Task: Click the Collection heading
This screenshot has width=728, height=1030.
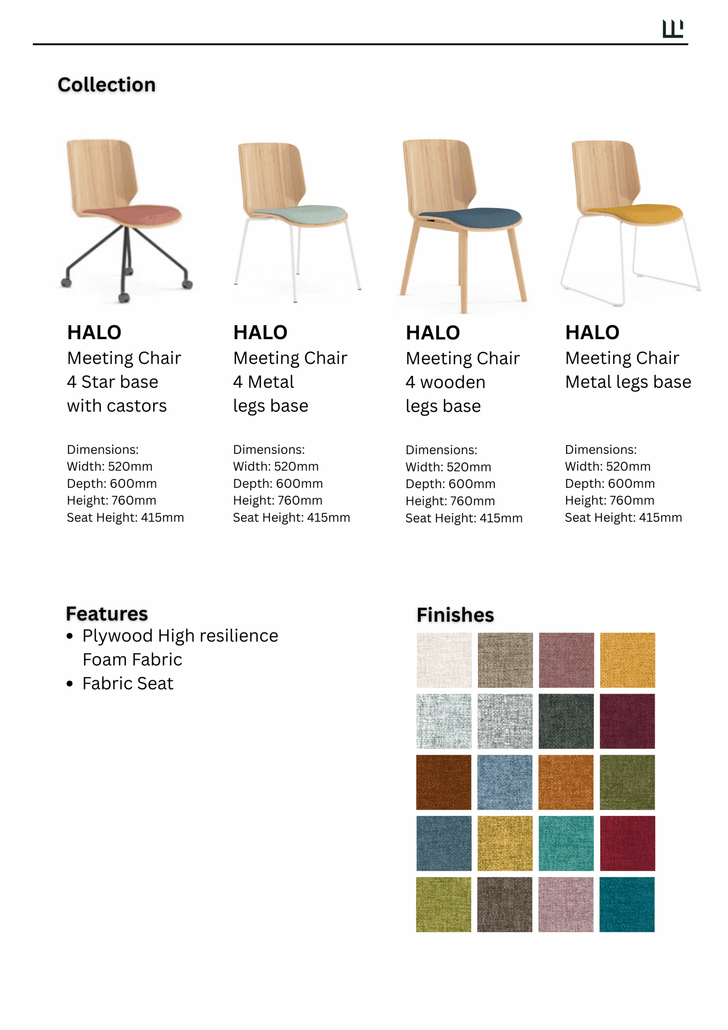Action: (107, 85)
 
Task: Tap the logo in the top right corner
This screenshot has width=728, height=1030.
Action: (672, 29)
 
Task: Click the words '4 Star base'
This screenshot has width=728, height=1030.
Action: (113, 382)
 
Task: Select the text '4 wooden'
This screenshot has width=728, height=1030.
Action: (445, 382)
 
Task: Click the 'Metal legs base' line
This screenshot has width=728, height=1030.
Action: (628, 382)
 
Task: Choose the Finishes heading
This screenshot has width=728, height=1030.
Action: (455, 615)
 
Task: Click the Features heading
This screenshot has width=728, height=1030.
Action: (107, 614)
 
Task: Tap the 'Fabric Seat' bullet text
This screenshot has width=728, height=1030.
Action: (128, 683)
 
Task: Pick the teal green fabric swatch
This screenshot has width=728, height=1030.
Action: (566, 843)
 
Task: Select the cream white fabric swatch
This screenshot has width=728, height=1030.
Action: (444, 660)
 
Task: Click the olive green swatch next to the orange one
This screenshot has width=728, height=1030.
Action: (627, 783)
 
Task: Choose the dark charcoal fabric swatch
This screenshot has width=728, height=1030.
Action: (566, 721)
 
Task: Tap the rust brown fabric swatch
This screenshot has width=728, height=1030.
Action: (444, 783)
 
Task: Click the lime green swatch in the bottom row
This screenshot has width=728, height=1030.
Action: (444, 904)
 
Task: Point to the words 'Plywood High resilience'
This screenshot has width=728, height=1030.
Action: (180, 636)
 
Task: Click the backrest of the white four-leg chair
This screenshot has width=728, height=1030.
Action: (271, 177)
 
